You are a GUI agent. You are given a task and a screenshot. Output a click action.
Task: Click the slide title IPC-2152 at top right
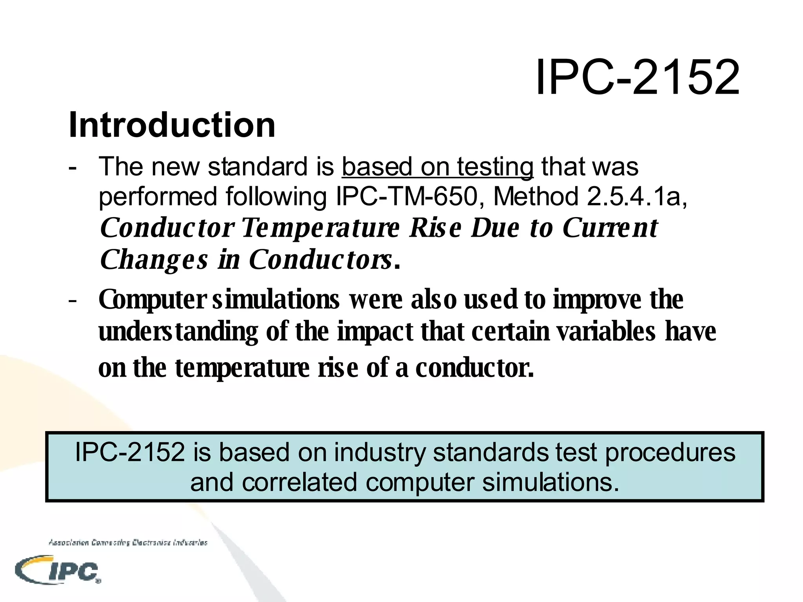tap(638, 77)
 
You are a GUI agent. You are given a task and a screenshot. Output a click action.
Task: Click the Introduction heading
tap(172, 125)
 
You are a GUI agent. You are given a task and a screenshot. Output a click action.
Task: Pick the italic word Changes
tap(154, 259)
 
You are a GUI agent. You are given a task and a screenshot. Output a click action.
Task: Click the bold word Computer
tap(152, 300)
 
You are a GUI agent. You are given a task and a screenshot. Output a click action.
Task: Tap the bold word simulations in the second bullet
tap(276, 299)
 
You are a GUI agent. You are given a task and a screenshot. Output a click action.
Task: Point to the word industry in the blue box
tap(379, 452)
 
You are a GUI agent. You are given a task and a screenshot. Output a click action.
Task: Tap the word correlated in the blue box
tap(299, 482)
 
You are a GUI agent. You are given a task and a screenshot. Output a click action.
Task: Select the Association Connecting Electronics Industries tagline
tap(128, 543)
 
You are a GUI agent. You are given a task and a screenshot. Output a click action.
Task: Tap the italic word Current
tap(610, 228)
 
